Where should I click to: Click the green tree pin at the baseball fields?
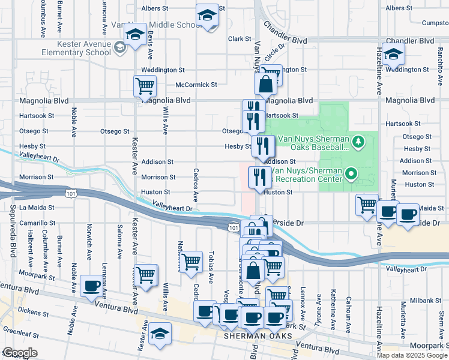coord(358,142)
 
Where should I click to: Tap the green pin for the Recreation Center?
coord(352,175)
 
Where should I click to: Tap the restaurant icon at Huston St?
coord(259,176)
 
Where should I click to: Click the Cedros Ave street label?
coord(196,184)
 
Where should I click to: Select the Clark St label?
coord(239,38)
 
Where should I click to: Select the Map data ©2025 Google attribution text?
coord(412,355)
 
